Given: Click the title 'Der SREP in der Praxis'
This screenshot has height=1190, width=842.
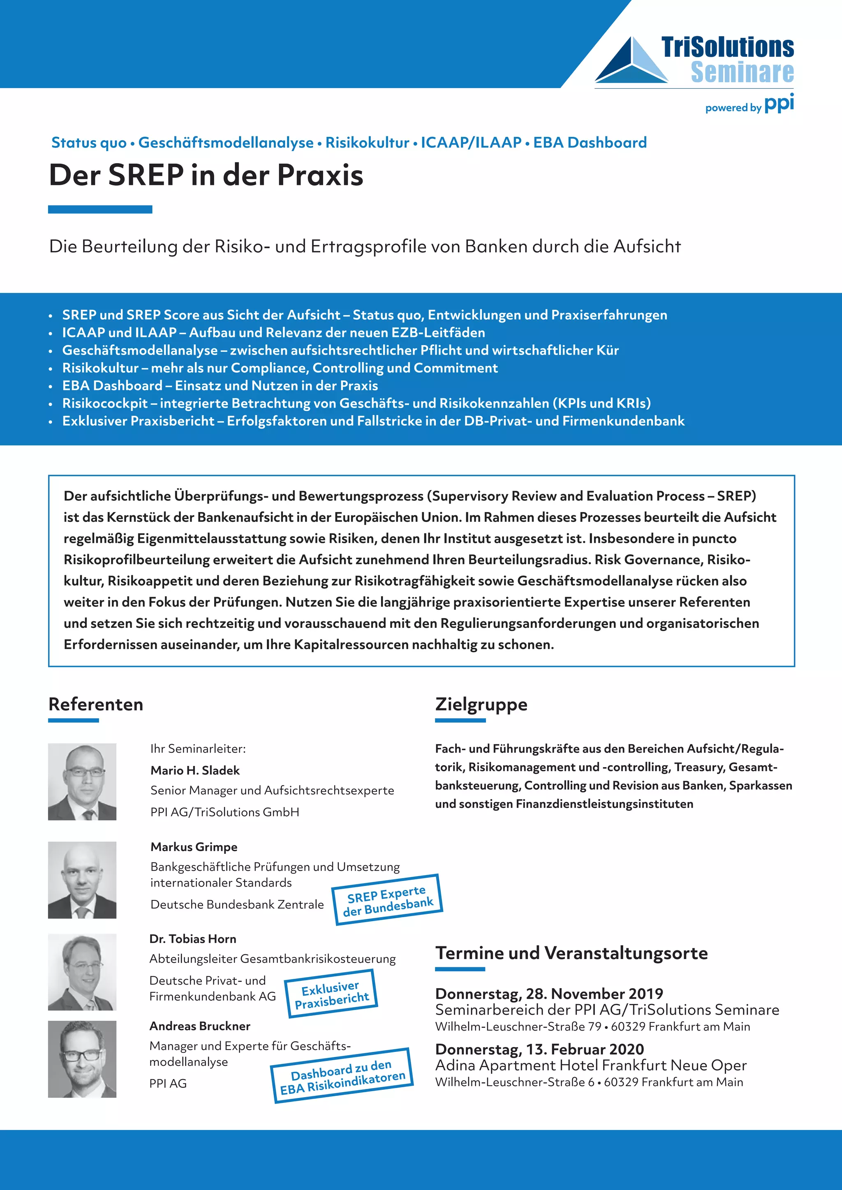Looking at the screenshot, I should pyautogui.click(x=206, y=175).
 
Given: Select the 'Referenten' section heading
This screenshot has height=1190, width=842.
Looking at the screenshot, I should pyautogui.click(x=96, y=704).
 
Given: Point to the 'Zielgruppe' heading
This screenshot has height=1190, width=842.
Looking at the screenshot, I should pyautogui.click(x=481, y=704).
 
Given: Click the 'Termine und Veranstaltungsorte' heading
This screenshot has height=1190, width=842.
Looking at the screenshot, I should pyautogui.click(x=571, y=952).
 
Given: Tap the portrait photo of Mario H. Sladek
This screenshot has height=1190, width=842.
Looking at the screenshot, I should pyautogui.click(x=82, y=782).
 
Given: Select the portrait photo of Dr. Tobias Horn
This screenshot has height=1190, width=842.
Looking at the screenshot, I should pyautogui.click(x=82, y=972).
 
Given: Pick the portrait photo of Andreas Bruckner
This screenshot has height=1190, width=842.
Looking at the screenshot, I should pyautogui.click(x=82, y=1059).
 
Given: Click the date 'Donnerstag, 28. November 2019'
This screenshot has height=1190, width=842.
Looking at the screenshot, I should pyautogui.click(x=549, y=994).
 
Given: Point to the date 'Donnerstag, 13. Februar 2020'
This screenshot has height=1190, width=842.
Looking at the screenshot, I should pyautogui.click(x=539, y=1049).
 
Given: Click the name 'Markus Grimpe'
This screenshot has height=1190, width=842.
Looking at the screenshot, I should pyautogui.click(x=194, y=847).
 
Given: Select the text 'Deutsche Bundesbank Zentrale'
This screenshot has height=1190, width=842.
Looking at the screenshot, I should pyautogui.click(x=237, y=904).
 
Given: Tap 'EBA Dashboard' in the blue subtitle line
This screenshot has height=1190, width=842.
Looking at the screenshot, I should pyautogui.click(x=590, y=143).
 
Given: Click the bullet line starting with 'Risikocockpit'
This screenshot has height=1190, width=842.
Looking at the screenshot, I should pyautogui.click(x=356, y=403).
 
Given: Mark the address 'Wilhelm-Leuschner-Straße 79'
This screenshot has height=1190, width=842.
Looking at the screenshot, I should pyautogui.click(x=518, y=1027).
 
